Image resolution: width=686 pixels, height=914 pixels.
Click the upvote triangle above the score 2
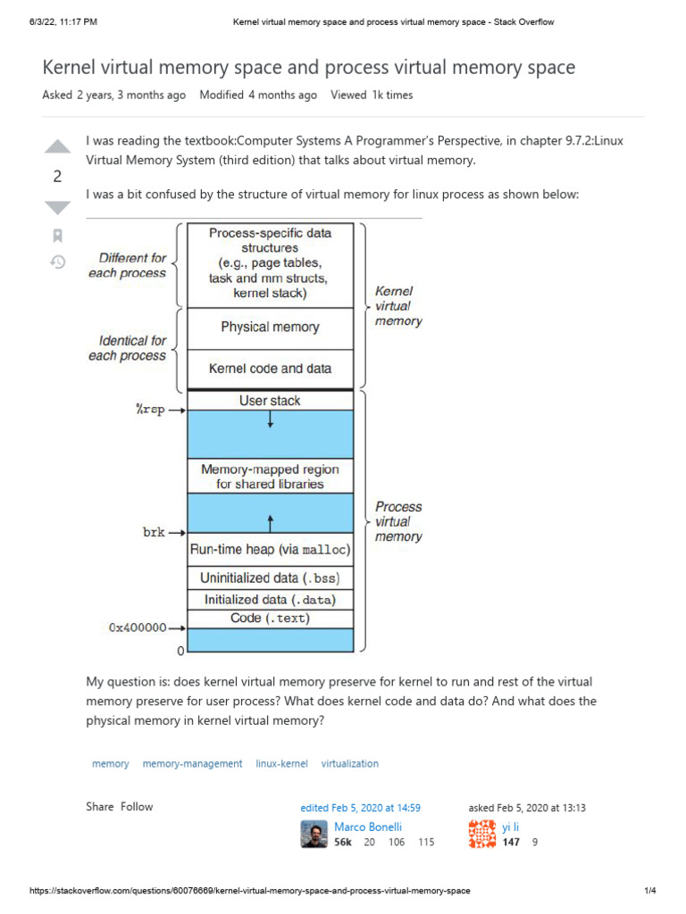(x=57, y=146)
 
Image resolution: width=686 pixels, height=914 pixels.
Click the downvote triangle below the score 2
(x=57, y=207)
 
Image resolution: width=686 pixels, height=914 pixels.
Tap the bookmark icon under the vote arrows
(x=57, y=236)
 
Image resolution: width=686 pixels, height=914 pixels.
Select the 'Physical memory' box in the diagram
(x=270, y=328)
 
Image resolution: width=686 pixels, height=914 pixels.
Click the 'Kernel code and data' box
(x=270, y=369)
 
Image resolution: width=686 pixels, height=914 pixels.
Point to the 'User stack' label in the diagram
(x=270, y=401)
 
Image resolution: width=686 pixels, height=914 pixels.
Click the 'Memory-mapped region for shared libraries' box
(x=270, y=477)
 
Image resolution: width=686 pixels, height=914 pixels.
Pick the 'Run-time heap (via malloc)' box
(x=270, y=550)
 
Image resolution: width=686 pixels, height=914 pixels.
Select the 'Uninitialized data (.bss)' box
(x=270, y=577)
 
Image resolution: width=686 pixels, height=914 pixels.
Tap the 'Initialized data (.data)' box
(x=270, y=600)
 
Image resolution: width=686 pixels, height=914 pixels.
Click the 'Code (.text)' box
(x=270, y=619)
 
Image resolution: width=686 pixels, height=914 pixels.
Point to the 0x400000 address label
(x=138, y=627)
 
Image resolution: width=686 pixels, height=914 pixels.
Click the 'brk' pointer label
(x=154, y=532)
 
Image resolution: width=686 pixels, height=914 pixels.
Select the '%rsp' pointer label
(x=149, y=410)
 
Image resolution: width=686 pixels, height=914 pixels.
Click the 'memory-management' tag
(x=192, y=764)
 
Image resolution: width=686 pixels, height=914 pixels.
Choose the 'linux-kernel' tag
(x=281, y=764)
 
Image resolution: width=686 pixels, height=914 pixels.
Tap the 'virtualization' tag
(x=349, y=764)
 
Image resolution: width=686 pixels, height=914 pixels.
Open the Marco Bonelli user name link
(x=368, y=827)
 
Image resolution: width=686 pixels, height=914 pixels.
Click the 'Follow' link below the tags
(x=137, y=807)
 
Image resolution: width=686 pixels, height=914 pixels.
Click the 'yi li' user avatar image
(x=481, y=834)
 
